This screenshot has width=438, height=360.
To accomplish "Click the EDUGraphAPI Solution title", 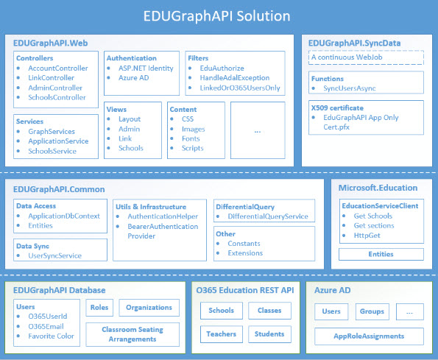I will pos(219,15).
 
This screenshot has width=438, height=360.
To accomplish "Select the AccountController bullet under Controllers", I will pos(57,68).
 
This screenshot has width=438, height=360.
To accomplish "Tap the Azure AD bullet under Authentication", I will pos(135,77).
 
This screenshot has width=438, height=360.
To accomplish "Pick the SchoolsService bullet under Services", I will pos(52,151).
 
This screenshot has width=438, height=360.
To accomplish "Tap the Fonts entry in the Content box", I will pos(191,138).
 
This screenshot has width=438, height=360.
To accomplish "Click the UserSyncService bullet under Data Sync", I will pos(54,255).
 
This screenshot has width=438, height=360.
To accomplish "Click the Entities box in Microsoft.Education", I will pos(381,254).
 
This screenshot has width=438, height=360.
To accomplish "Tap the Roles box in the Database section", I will pos(99,308).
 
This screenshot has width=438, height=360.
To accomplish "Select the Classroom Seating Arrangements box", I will pos(132,334).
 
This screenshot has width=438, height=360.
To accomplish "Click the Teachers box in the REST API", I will pos(221,333).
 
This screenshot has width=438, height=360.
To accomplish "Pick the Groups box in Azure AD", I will pos(372,311).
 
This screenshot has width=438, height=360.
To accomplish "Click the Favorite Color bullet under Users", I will pos(54,335).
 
